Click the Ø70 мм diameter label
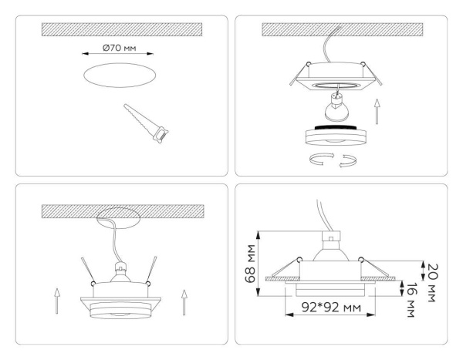pyautogui.click(x=118, y=49)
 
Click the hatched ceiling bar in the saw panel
pyautogui.click(x=121, y=29)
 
